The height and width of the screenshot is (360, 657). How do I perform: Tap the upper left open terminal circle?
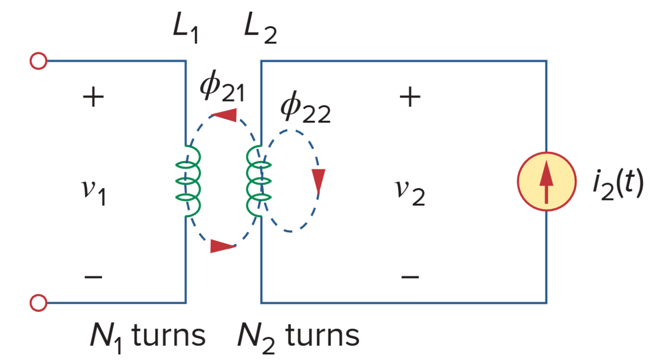click(x=38, y=61)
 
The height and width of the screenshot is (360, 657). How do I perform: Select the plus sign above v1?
click(x=93, y=98)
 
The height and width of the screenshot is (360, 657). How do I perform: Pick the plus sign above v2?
click(x=410, y=98)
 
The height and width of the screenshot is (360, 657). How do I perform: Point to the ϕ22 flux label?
click(x=305, y=111)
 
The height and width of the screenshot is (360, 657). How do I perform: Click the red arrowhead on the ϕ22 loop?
click(x=318, y=180)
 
